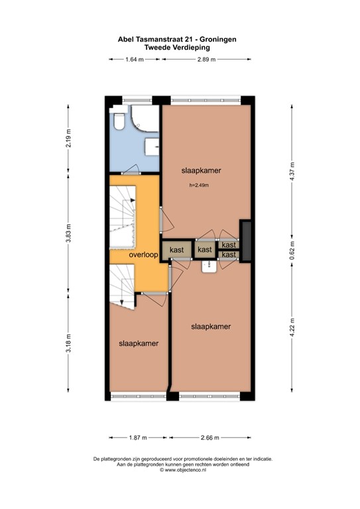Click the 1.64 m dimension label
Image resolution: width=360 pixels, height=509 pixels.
click(x=135, y=60)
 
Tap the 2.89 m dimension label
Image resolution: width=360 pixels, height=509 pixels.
click(x=207, y=60)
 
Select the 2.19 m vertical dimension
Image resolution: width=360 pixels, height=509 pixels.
click(x=69, y=139)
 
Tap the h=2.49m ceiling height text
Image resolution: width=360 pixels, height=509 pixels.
click(x=199, y=185)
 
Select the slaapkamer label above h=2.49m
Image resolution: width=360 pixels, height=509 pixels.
click(x=201, y=170)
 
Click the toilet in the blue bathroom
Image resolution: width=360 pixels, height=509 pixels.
click(x=119, y=121)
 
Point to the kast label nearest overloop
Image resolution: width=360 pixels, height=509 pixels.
click(x=176, y=250)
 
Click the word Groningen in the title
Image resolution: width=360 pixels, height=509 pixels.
click(x=215, y=39)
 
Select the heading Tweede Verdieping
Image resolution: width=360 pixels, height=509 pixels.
click(x=180, y=47)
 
